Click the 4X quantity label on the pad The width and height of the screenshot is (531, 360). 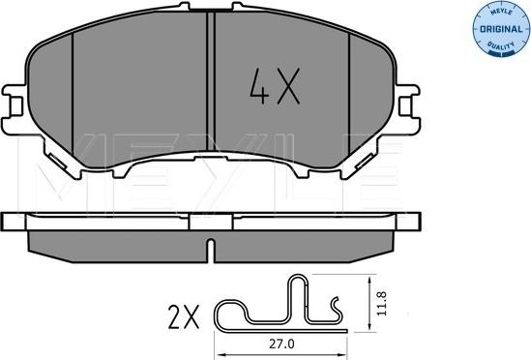coord(275,86)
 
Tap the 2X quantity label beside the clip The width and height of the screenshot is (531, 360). coord(184,317)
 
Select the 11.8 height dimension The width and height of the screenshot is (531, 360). coord(382,304)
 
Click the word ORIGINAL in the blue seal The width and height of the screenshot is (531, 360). coord(501,29)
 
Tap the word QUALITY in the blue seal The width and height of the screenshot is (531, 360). coord(501,45)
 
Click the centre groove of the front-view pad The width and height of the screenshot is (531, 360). coord(211,81)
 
